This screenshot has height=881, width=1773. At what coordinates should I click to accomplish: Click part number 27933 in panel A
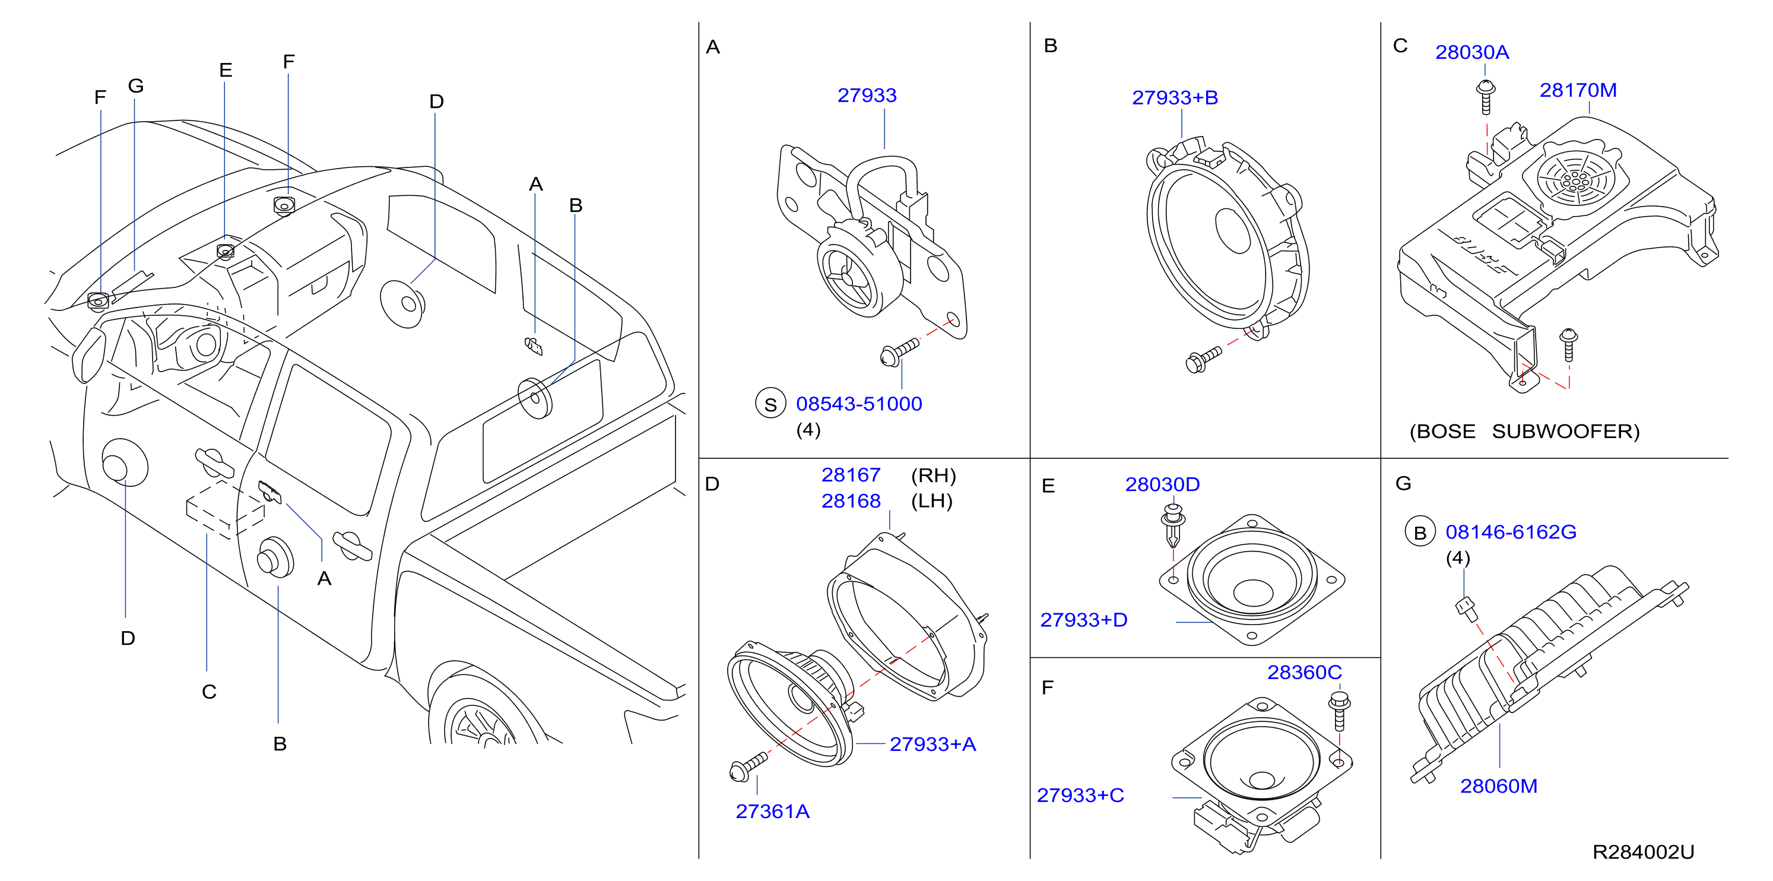[x=867, y=95]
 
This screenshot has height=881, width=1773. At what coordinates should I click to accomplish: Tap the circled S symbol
[x=771, y=404]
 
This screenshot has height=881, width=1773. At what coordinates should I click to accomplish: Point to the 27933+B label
[x=1175, y=98]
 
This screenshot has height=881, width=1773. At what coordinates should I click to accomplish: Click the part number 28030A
[x=1471, y=52]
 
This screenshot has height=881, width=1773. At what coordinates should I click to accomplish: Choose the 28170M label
[x=1578, y=90]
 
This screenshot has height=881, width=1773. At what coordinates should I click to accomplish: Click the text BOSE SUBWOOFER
[x=1524, y=432]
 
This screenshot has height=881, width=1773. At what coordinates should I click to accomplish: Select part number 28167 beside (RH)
[x=851, y=475]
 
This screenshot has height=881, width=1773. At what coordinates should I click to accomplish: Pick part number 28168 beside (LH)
[x=851, y=501]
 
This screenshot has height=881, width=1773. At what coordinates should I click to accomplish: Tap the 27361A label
[x=772, y=812]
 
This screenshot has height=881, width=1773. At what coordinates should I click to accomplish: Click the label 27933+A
[x=933, y=744]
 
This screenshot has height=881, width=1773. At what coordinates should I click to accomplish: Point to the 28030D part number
[x=1162, y=484]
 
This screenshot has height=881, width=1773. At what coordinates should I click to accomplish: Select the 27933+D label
[x=1083, y=620]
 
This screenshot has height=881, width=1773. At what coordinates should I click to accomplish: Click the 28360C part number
[x=1304, y=673]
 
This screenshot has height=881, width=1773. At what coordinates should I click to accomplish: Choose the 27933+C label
[x=1080, y=796]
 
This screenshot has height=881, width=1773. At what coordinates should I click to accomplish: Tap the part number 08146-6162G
[x=1511, y=532]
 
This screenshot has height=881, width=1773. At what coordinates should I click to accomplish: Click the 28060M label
[x=1498, y=786]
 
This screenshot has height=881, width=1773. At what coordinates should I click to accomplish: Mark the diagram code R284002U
[x=1643, y=852]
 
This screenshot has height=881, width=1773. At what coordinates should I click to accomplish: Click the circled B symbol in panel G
[x=1420, y=533]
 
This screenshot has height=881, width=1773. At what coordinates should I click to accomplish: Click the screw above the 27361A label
[x=747, y=766]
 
